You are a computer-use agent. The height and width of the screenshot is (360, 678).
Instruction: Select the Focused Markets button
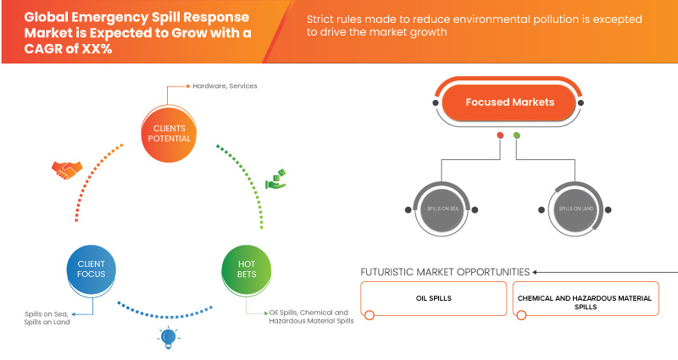pyautogui.click(x=509, y=102)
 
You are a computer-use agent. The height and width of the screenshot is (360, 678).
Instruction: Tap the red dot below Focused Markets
pyautogui.click(x=501, y=136)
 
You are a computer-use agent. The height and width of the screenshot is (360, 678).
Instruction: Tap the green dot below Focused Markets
pyautogui.click(x=517, y=136)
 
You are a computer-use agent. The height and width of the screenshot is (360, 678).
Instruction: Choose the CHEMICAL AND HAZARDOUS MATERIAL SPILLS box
pyautogui.click(x=586, y=301)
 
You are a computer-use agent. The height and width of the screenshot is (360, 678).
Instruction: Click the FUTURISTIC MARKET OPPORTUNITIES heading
pyautogui.click(x=445, y=272)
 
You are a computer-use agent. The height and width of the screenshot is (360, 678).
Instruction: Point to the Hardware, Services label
pyautogui.click(x=225, y=86)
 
